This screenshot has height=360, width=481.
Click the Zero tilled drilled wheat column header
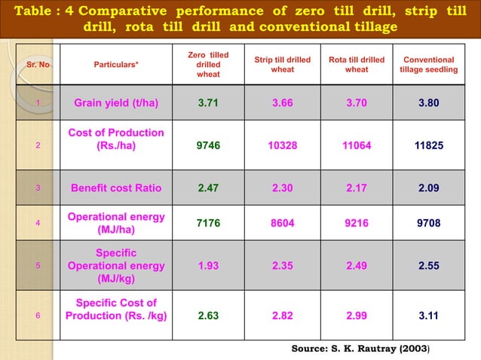click(208, 65)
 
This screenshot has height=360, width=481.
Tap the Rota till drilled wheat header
click(357, 65)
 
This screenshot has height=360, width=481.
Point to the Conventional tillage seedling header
click(428, 65)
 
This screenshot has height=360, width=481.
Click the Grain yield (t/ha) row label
click(121, 103)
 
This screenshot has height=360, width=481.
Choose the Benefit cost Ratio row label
click(121, 188)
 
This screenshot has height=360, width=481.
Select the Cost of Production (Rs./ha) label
click(116, 139)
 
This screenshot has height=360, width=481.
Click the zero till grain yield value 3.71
click(208, 103)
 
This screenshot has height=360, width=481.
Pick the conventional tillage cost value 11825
click(428, 145)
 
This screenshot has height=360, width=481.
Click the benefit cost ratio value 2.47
click(208, 188)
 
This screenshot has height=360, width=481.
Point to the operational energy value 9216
click(357, 223)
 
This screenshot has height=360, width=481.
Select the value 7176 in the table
click(208, 223)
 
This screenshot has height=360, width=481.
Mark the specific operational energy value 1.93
click(208, 265)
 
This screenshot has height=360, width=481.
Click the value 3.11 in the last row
click(428, 316)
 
